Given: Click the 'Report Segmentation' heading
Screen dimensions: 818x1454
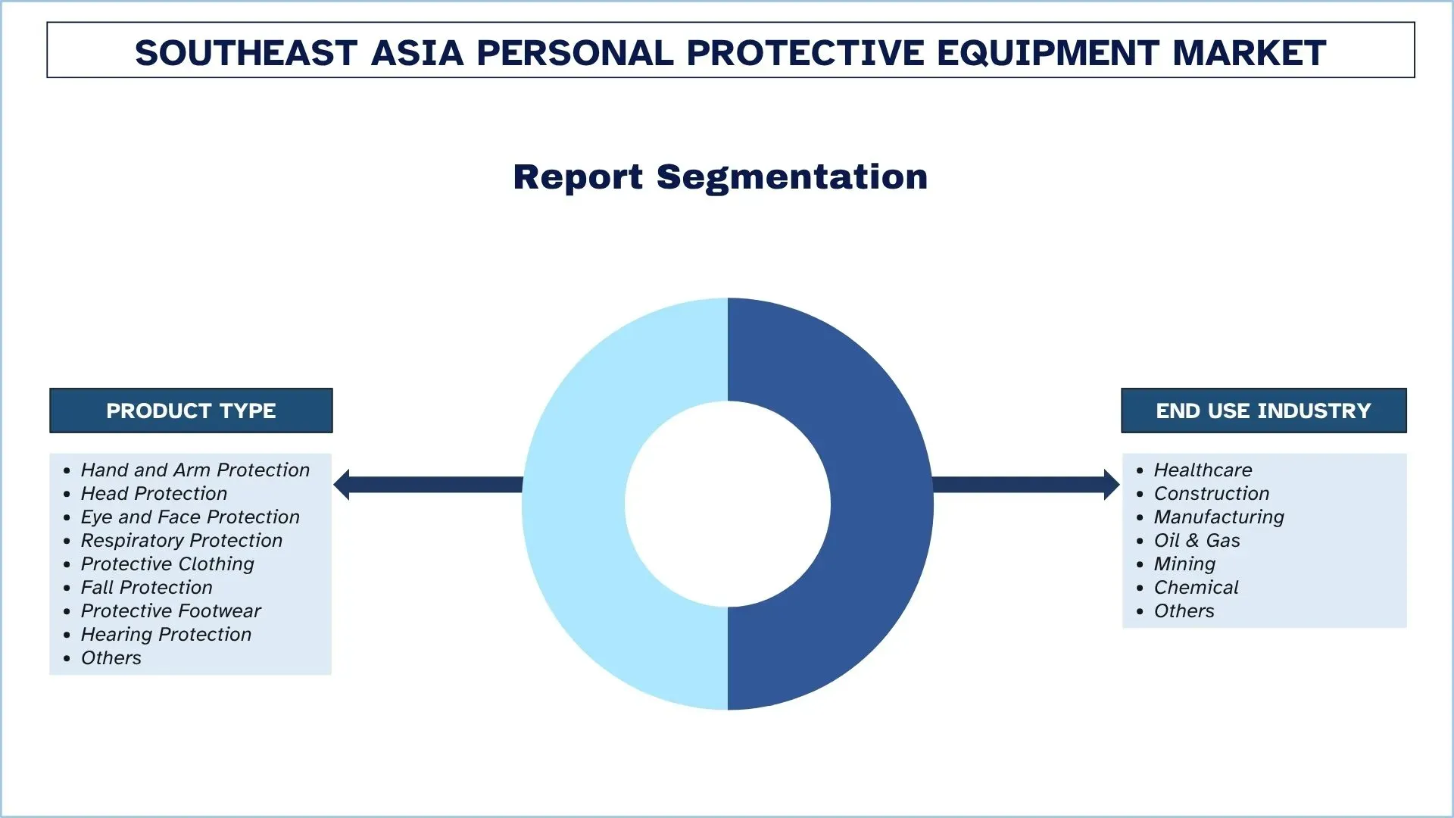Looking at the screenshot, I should tap(720, 177).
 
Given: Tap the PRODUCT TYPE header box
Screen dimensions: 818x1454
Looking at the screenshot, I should tap(191, 411).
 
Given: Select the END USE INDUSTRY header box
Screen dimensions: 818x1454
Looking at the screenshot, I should tap(1263, 411).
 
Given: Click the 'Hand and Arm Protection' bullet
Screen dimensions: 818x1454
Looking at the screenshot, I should tap(195, 470).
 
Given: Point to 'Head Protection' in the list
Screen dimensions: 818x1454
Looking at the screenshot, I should tap(154, 494).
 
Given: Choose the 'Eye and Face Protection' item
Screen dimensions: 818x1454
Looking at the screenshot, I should tap(190, 517).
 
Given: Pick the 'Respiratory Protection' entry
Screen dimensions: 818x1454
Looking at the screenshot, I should tap(181, 541).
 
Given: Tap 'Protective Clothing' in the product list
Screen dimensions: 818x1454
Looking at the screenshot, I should tap(167, 564).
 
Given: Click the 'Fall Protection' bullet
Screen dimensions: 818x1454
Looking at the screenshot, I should tap(146, 588).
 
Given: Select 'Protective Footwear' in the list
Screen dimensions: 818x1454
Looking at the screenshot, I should tap(170, 611).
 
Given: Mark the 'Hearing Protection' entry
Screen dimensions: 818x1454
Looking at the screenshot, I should tap(166, 635).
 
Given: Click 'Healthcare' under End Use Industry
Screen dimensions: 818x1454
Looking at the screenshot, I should tap(1203, 470).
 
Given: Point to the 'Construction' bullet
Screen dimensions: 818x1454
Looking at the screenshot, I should tap(1211, 494).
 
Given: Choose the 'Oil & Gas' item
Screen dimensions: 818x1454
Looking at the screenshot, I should tap(1197, 541).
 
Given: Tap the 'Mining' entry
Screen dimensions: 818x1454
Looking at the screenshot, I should tap(1184, 564).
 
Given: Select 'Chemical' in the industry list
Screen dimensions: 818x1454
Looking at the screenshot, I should tap(1196, 588).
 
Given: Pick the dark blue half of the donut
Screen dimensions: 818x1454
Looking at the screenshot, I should tap(882, 504).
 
